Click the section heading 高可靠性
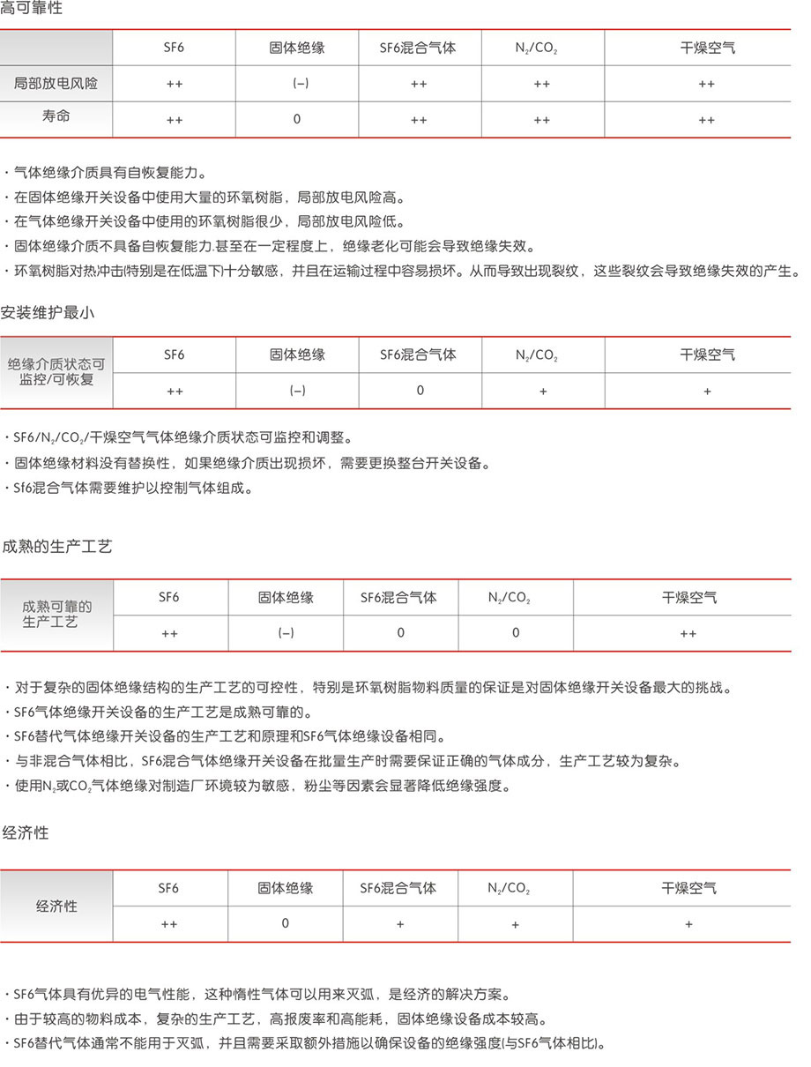click(x=32, y=11)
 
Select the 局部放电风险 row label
click(x=56, y=84)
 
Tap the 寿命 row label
click(x=56, y=117)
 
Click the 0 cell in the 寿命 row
click(x=297, y=119)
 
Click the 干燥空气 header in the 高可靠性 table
click(x=707, y=48)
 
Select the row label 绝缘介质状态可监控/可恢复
click(x=56, y=371)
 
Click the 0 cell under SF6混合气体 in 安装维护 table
click(x=420, y=391)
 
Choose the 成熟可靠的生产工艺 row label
click(x=56, y=615)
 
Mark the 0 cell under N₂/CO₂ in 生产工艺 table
click(x=516, y=632)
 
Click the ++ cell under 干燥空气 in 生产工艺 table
click(x=688, y=633)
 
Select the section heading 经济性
click(x=26, y=832)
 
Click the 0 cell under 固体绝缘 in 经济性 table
click(x=285, y=923)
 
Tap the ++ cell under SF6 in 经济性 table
click(x=169, y=924)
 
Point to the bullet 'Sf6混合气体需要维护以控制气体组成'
click(x=132, y=488)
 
